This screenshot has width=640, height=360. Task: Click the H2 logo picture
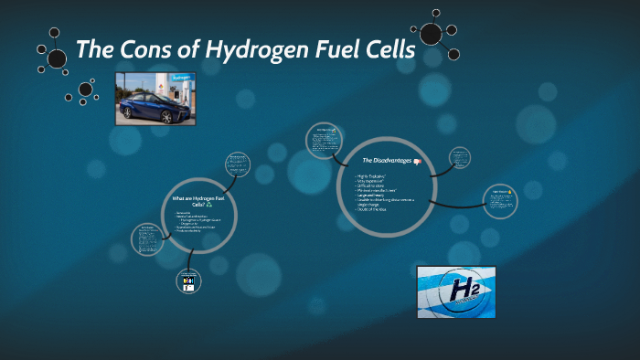(x=455, y=291)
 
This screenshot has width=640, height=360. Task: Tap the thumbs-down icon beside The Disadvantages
(x=417, y=161)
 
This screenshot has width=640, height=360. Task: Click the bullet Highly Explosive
(x=371, y=174)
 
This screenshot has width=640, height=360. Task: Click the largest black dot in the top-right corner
(x=431, y=34)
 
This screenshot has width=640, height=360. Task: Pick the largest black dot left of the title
(x=57, y=59)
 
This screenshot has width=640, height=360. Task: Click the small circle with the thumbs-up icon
(x=501, y=203)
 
